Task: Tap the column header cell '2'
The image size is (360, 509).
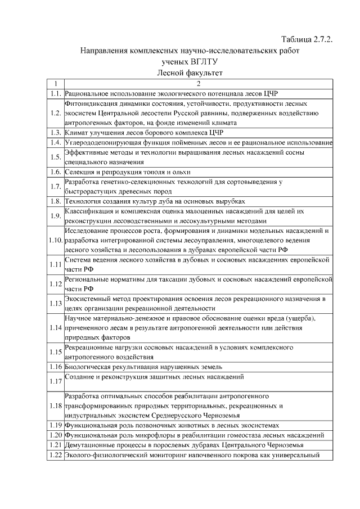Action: pyautogui.click(x=198, y=84)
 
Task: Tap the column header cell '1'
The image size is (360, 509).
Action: pyautogui.click(x=55, y=84)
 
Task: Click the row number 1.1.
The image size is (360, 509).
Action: pyautogui.click(x=55, y=93)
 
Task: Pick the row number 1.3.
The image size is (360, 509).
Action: pyautogui.click(x=55, y=133)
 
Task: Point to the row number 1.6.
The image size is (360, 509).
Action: pyautogui.click(x=55, y=172)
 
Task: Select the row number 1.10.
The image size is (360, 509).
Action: pyautogui.click(x=55, y=240)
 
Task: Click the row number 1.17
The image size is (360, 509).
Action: pyautogui.click(x=55, y=382)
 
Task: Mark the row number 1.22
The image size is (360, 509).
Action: pyautogui.click(x=55, y=455)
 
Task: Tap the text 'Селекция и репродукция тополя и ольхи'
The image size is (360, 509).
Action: pyautogui.click(x=128, y=172)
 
